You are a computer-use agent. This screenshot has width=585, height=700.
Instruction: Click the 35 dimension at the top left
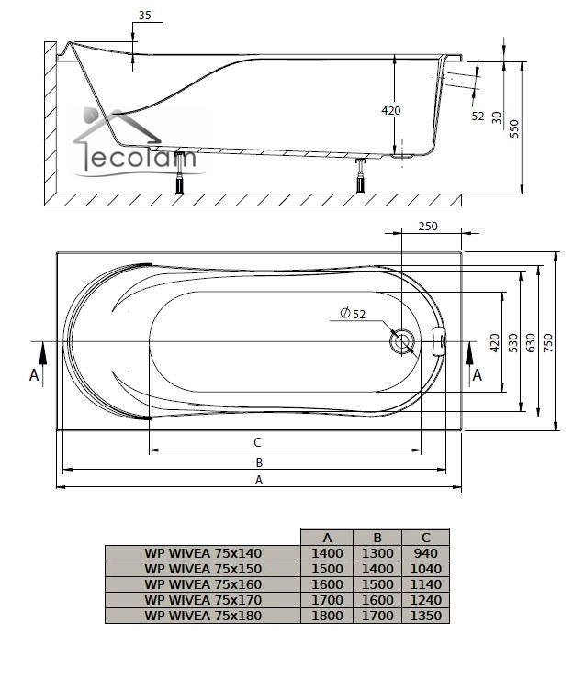[145, 16]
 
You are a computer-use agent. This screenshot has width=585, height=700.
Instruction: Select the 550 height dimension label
[514, 128]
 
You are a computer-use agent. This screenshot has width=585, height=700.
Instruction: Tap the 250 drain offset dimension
[428, 227]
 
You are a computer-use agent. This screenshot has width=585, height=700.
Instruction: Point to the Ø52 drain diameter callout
[353, 314]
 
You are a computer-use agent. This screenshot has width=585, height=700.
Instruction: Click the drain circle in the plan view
[402, 342]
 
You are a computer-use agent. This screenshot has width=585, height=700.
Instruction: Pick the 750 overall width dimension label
[548, 342]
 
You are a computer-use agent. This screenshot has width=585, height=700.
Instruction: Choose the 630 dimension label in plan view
[531, 342]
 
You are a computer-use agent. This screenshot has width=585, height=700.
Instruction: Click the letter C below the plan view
[257, 442]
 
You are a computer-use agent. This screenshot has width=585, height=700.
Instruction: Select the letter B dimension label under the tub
[259, 462]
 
